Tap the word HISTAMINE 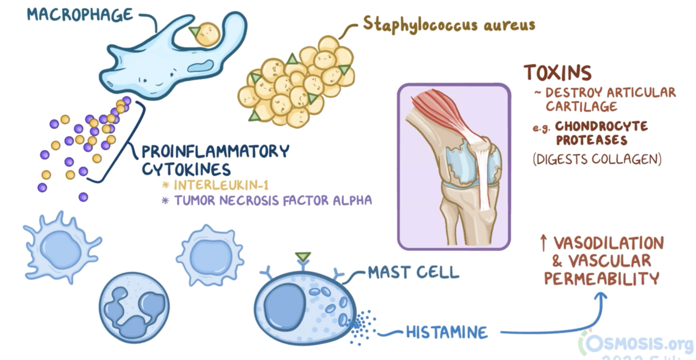(447, 332)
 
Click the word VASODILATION (608, 243)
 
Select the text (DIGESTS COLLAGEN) (597, 159)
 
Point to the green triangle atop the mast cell (302, 256)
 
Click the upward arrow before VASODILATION (543, 243)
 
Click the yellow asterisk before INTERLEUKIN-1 (166, 185)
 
